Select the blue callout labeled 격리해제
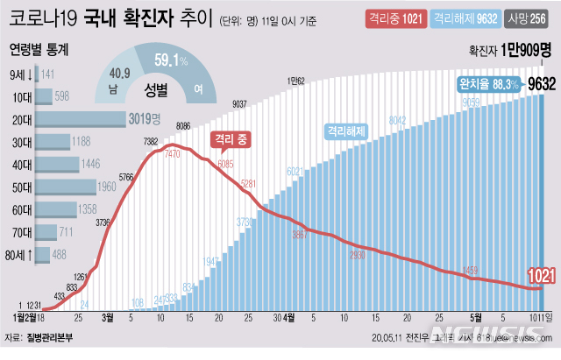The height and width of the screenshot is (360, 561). (x=346, y=131)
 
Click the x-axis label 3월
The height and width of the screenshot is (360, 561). (x=108, y=318)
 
